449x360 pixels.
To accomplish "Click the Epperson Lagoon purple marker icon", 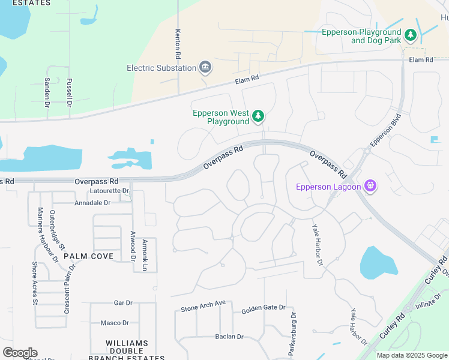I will [371, 187].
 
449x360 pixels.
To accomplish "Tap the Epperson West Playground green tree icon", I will [258, 116].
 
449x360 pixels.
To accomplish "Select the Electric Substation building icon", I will [205, 67].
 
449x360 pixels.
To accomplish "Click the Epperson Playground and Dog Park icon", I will [411, 35].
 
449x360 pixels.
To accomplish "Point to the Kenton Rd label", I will [178, 44].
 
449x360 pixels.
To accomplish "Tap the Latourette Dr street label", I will [109, 191].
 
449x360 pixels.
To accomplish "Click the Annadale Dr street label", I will [92, 203].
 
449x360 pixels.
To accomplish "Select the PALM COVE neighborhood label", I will [88, 256].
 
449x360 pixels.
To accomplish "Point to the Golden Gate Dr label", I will [263, 308].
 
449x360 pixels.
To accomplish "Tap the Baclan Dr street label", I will [229, 337].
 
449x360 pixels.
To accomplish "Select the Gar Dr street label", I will [122, 304].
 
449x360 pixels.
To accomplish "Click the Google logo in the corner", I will [20, 353].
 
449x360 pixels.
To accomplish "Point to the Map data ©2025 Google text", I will [412, 355].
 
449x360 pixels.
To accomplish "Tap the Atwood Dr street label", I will [132, 246].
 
